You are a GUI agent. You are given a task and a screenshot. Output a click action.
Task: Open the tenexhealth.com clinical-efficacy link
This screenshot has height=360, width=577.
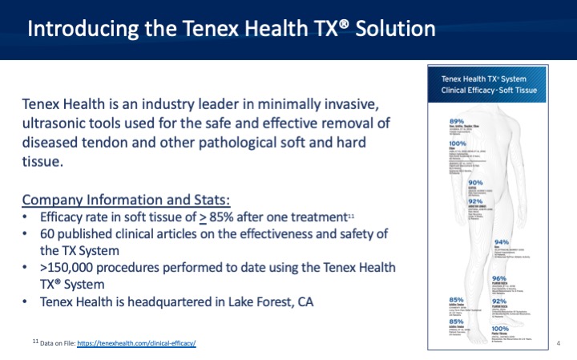[x=137, y=343]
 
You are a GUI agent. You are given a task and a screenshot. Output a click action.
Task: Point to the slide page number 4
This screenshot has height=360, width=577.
[x=557, y=343]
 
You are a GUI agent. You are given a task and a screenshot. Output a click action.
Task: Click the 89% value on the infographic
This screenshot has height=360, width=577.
[x=458, y=120]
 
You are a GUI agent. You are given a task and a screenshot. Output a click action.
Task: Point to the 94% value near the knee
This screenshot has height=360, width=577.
[x=502, y=241]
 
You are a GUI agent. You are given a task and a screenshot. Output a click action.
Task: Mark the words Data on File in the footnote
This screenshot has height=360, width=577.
[x=58, y=343]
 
